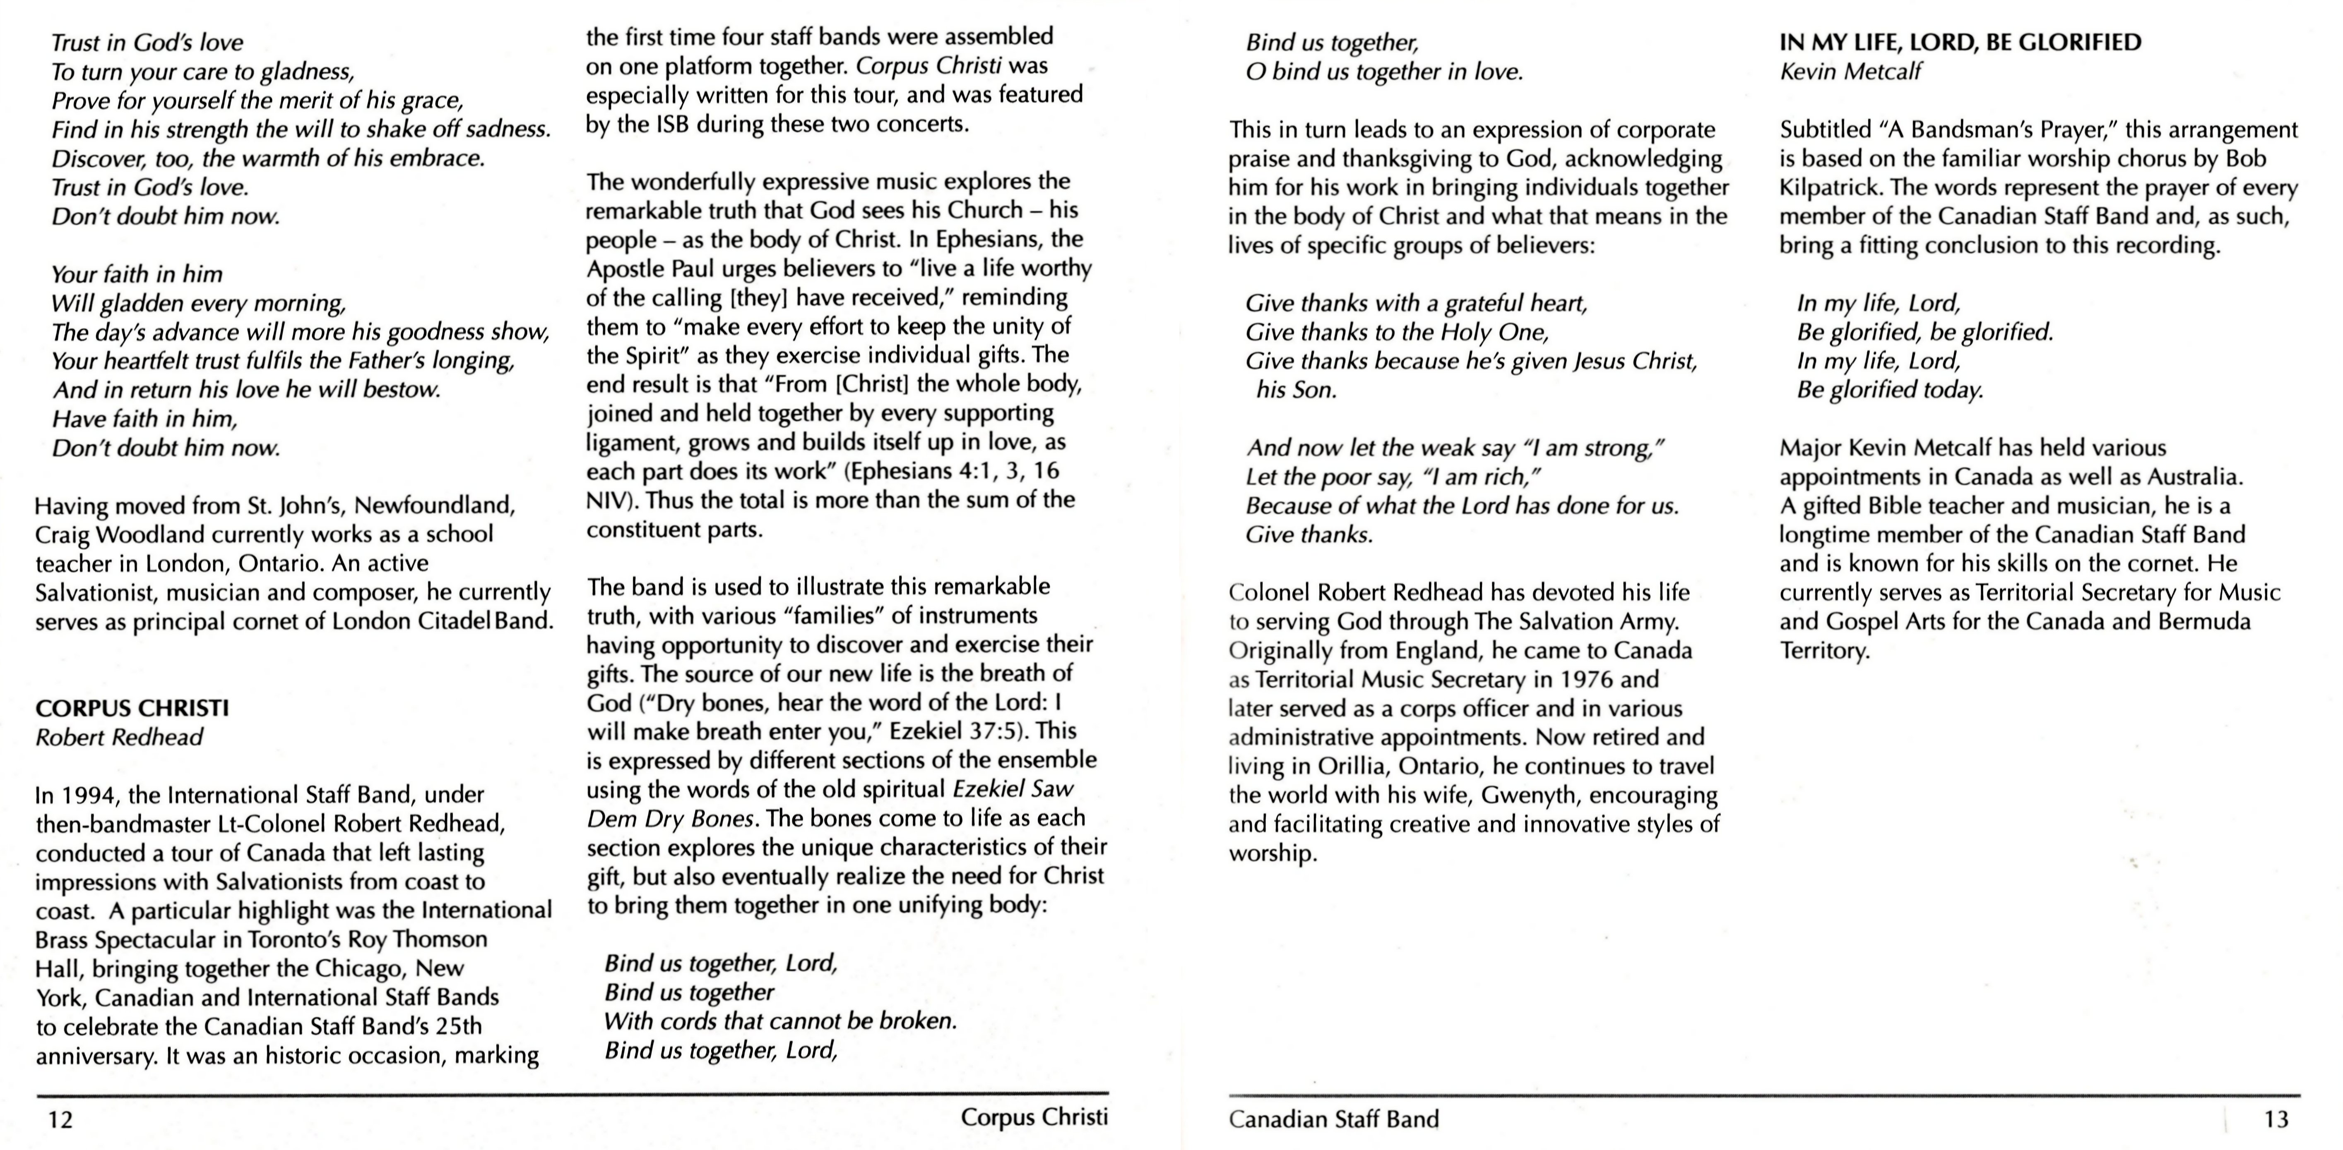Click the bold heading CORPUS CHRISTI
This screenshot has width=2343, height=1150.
132,708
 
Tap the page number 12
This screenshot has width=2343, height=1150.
60,1119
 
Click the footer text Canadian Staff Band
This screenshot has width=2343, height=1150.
1333,1119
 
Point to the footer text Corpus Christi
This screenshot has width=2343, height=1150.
1034,1117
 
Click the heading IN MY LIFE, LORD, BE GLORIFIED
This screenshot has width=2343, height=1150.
1960,43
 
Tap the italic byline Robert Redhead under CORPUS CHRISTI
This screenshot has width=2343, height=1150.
119,737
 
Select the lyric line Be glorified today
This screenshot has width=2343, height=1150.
1890,390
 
